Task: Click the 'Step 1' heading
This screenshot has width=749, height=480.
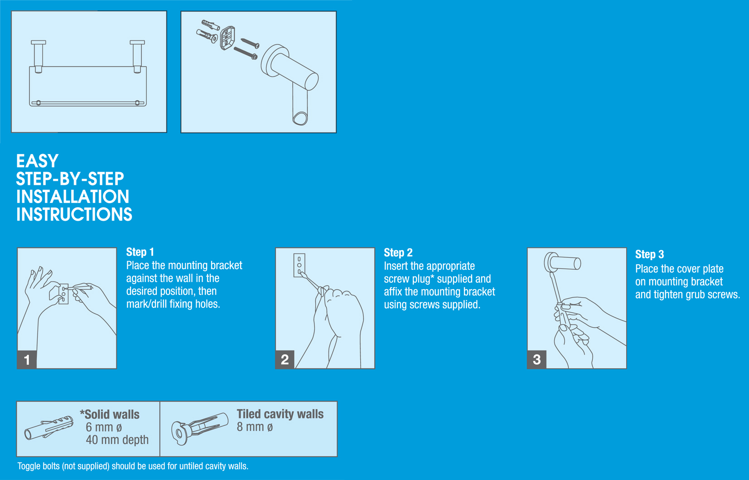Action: (140, 252)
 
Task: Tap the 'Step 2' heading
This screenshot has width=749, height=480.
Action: (398, 252)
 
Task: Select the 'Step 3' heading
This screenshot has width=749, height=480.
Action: (649, 255)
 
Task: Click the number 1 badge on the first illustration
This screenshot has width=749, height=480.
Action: (27, 359)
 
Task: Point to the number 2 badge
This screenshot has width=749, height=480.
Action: (285, 359)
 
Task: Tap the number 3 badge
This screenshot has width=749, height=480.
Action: (536, 359)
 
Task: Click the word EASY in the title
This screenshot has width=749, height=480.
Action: (38, 161)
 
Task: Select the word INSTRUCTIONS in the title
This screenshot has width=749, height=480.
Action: (74, 214)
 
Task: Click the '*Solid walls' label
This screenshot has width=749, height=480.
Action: (110, 414)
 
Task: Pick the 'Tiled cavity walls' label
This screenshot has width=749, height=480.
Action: (280, 414)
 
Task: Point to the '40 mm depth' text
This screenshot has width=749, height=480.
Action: (117, 440)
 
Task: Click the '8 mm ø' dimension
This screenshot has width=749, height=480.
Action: (255, 427)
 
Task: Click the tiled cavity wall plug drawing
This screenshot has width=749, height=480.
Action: (200, 428)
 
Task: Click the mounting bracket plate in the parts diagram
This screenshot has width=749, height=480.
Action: (227, 38)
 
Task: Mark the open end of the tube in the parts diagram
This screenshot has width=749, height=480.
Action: (300, 119)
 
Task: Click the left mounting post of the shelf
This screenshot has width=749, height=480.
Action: (39, 56)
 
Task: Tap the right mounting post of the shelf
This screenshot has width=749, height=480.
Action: (137, 56)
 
